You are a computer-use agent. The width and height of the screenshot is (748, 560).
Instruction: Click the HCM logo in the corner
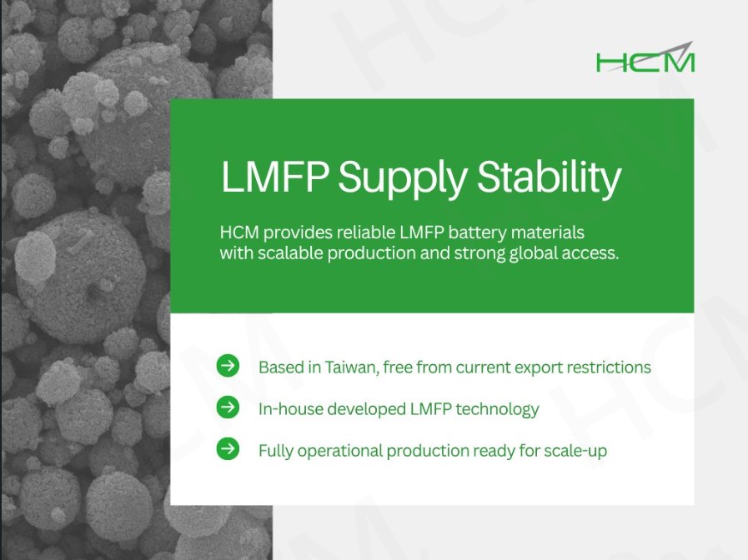click(645, 57)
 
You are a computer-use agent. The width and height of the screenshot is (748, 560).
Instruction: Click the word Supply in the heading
click(402, 177)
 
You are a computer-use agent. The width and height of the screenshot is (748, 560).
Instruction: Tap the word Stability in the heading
click(549, 177)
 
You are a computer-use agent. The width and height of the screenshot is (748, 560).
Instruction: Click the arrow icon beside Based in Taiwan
click(228, 366)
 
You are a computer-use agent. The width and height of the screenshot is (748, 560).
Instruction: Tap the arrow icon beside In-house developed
click(228, 407)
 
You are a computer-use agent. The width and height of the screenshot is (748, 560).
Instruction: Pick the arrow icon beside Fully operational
click(228, 449)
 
